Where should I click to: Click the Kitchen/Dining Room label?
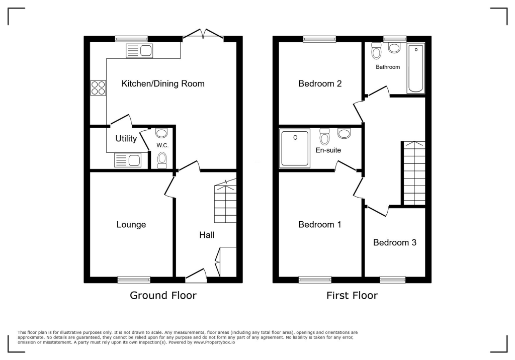click(163, 83)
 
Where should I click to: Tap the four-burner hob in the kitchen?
click(98, 88)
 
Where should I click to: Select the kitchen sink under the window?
click(139, 51)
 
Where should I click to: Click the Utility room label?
click(126, 139)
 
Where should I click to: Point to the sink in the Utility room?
click(128, 160)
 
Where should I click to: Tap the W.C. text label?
click(162, 146)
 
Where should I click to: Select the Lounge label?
click(131, 225)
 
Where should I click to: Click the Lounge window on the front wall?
click(134, 280)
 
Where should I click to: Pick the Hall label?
click(207, 235)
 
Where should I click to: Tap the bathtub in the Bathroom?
click(416, 68)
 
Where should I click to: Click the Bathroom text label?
click(388, 67)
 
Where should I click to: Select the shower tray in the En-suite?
click(295, 148)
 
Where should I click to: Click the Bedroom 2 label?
click(320, 83)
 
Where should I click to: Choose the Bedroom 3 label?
click(394, 242)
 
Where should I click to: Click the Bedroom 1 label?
click(320, 225)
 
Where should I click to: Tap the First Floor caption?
click(352, 295)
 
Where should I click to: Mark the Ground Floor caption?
click(163, 295)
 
